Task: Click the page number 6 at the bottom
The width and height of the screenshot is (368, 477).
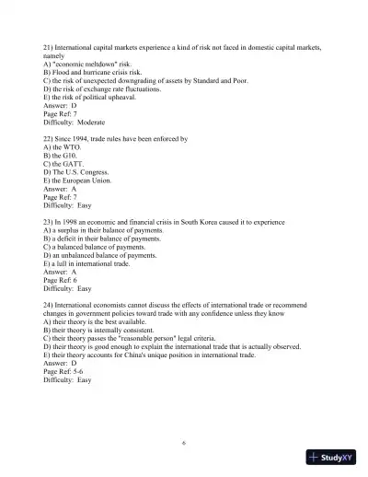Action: pos(184,443)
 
